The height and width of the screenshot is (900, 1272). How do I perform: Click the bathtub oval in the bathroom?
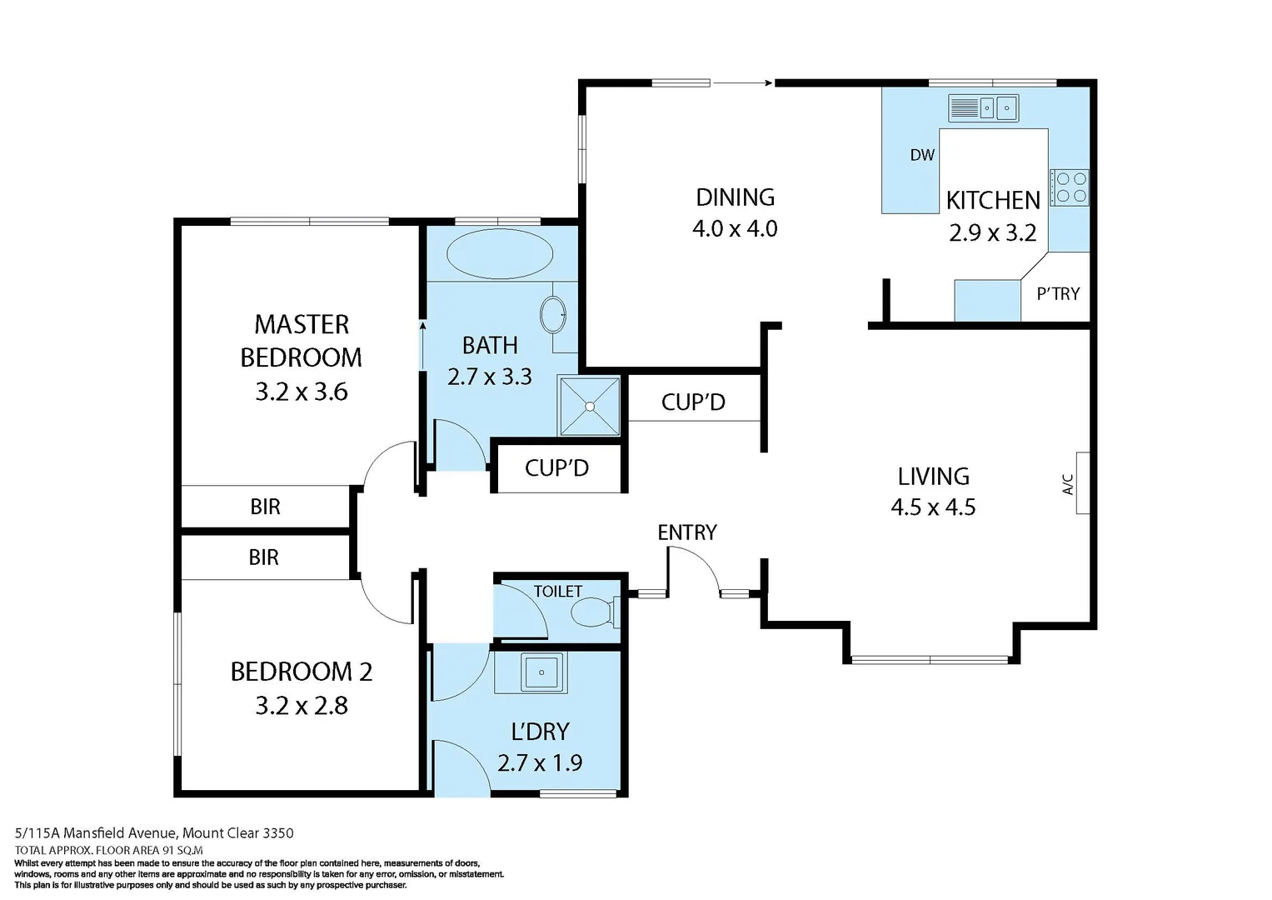point(499,253)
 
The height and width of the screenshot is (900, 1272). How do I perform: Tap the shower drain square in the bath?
point(590,407)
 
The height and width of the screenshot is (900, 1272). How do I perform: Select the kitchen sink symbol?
point(983,108)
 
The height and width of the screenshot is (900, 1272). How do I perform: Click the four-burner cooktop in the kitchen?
point(1070,187)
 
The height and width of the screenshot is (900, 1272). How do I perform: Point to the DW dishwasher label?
point(922,155)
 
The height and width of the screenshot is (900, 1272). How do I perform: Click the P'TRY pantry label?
point(1058,294)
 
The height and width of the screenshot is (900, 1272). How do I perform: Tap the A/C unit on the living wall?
point(1082,483)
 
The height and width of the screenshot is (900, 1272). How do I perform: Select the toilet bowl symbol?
point(592,613)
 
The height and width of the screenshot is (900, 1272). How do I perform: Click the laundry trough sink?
point(542,672)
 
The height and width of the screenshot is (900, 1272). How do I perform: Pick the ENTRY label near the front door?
point(686,532)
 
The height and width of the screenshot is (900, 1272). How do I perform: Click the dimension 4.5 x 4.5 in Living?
point(933,507)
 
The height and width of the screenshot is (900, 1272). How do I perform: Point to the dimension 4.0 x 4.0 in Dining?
point(735,229)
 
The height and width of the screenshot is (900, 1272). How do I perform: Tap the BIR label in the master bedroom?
point(265,507)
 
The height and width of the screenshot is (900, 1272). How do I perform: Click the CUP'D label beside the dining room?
point(693,402)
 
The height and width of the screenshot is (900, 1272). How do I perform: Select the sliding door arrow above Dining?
point(742,82)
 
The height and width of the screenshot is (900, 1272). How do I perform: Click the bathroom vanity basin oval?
point(553,316)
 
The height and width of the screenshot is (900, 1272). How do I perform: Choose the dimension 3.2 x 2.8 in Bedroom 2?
point(302,706)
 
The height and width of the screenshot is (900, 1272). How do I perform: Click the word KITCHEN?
point(993,201)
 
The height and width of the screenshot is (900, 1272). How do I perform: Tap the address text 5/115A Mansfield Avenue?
point(96,832)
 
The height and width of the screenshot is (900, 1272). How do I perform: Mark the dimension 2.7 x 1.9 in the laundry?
point(540,762)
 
